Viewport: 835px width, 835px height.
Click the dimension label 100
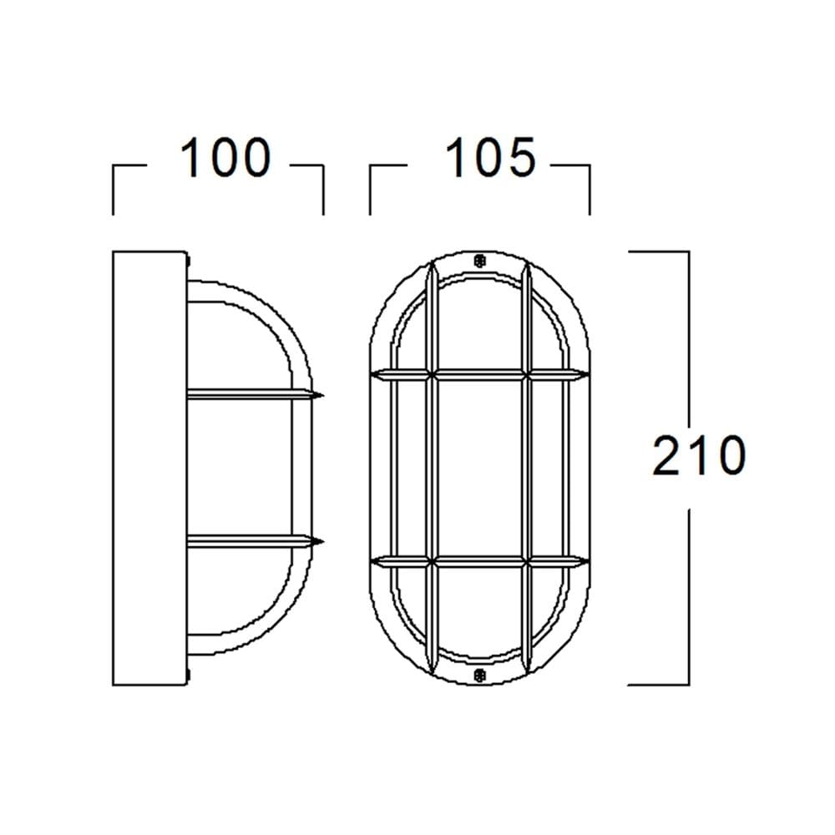coord(225,157)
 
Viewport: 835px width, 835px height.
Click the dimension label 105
coord(490,157)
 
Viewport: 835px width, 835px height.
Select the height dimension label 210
coord(699,455)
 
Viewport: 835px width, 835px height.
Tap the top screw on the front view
coord(479,261)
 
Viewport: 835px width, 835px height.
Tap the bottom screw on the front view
coord(479,676)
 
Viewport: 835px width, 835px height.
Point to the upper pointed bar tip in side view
coord(322,395)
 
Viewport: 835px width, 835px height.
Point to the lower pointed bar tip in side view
coord(322,542)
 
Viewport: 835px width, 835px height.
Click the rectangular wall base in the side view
coord(149,468)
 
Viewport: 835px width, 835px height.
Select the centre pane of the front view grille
coord(479,468)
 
